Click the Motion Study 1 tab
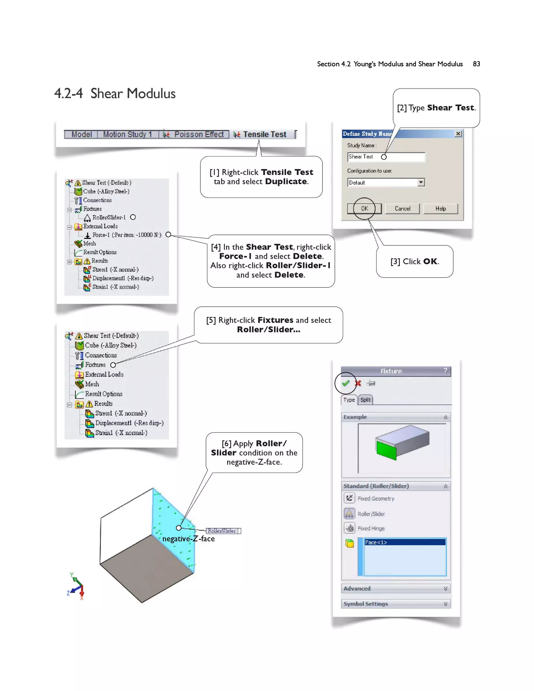pos(127,135)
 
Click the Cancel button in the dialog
pos(402,209)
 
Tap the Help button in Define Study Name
pos(440,209)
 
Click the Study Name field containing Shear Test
pos(386,157)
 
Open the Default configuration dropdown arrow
pos(421,183)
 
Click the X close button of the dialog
pos(458,134)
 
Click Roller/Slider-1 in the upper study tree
pos(108,218)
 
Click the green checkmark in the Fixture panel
pos(345,383)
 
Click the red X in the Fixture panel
pos(358,383)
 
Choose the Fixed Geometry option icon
pos(349,498)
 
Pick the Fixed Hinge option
pos(371,528)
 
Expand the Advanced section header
pos(396,589)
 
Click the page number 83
pos(476,64)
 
